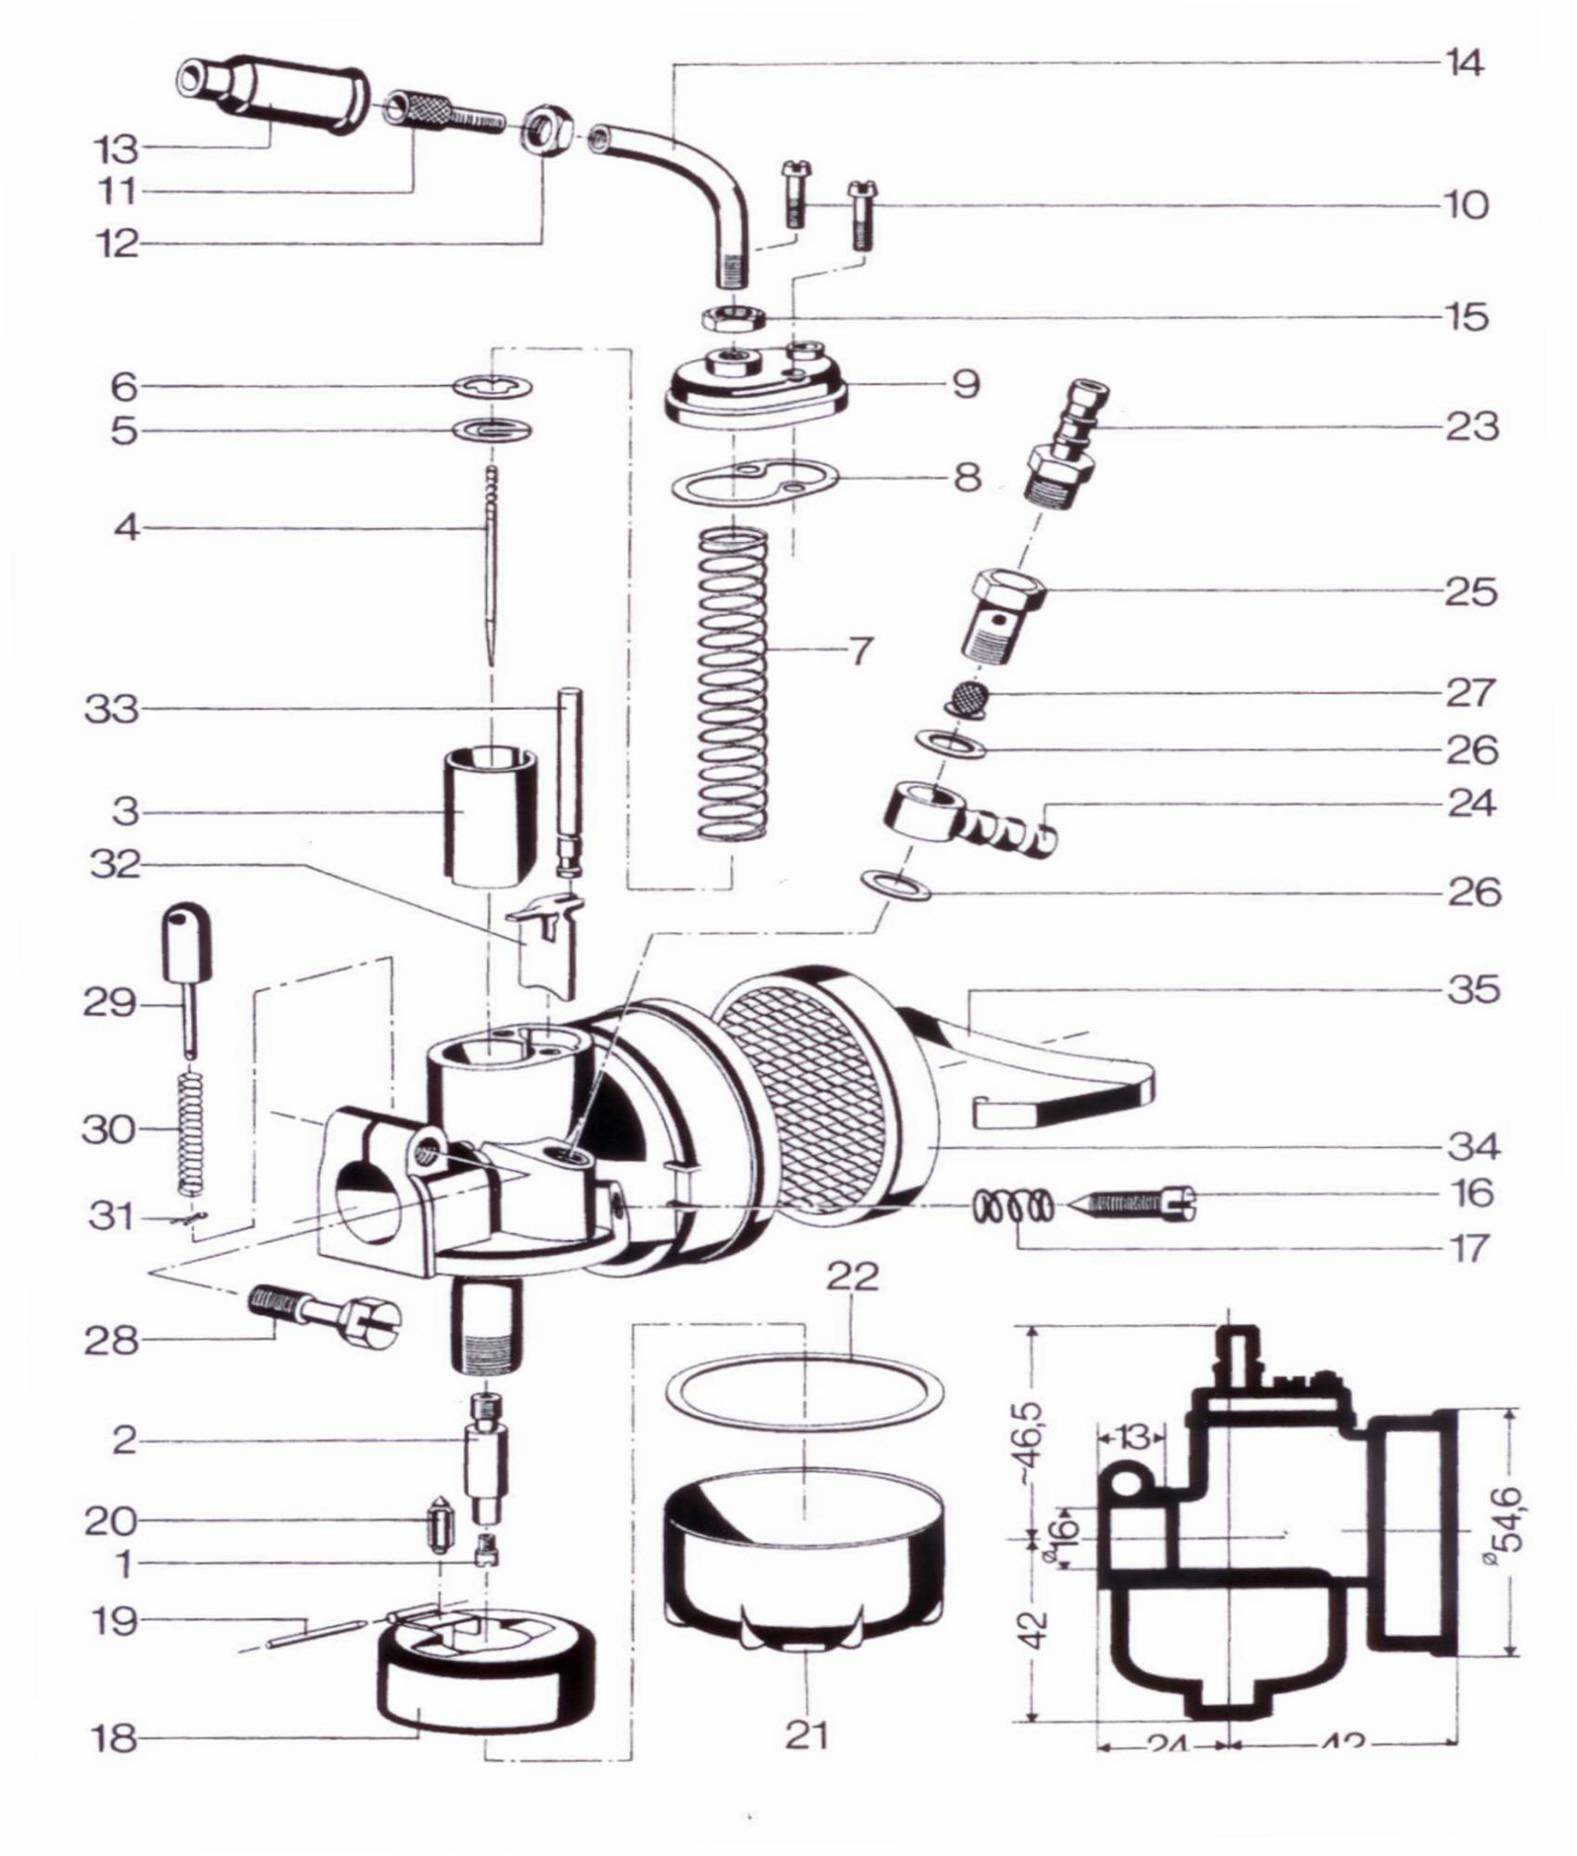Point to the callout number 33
[110, 710]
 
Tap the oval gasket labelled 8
[753, 483]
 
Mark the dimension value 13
[1133, 1437]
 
